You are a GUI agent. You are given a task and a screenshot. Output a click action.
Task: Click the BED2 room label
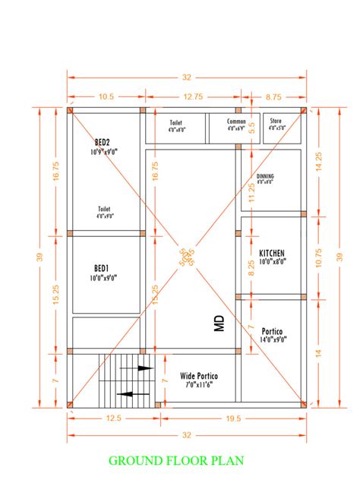(103, 142)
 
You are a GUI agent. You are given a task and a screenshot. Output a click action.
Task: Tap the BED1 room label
(101, 268)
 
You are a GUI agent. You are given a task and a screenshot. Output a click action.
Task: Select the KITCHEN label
(271, 252)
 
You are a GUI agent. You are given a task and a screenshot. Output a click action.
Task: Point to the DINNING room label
(265, 177)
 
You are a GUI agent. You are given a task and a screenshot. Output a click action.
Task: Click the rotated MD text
(219, 325)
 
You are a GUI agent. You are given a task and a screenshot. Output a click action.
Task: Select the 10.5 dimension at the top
(106, 96)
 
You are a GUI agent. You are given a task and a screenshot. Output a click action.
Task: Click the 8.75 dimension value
(273, 96)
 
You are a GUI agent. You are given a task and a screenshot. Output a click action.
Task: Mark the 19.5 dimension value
(232, 418)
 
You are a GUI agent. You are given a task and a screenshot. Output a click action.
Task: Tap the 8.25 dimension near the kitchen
(251, 266)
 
